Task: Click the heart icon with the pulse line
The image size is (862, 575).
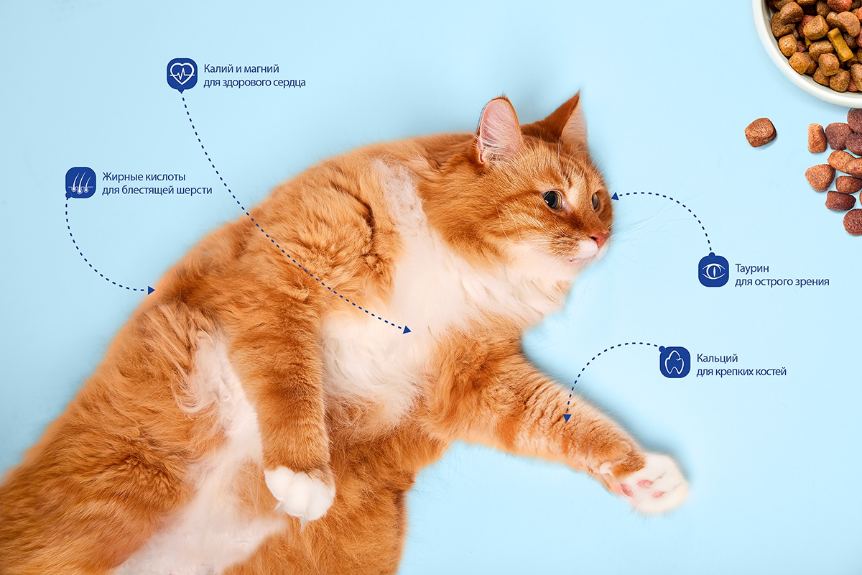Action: pos(182,73)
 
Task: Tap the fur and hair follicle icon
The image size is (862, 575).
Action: pos(80,182)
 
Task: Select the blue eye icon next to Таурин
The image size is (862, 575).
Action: pos(713,271)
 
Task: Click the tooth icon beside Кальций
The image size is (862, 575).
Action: pos(675,362)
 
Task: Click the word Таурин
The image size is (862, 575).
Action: pos(752,268)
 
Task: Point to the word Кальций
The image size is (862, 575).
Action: pos(717,359)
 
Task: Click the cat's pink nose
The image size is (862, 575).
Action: pos(601,239)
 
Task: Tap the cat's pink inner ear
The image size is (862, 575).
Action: pos(498,129)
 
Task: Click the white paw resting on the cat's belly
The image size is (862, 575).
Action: pos(300,492)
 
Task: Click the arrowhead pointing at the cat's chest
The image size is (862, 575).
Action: pos(407,330)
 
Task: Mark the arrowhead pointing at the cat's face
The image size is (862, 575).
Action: pos(615,196)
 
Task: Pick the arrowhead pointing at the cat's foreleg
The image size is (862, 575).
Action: pos(567,418)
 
